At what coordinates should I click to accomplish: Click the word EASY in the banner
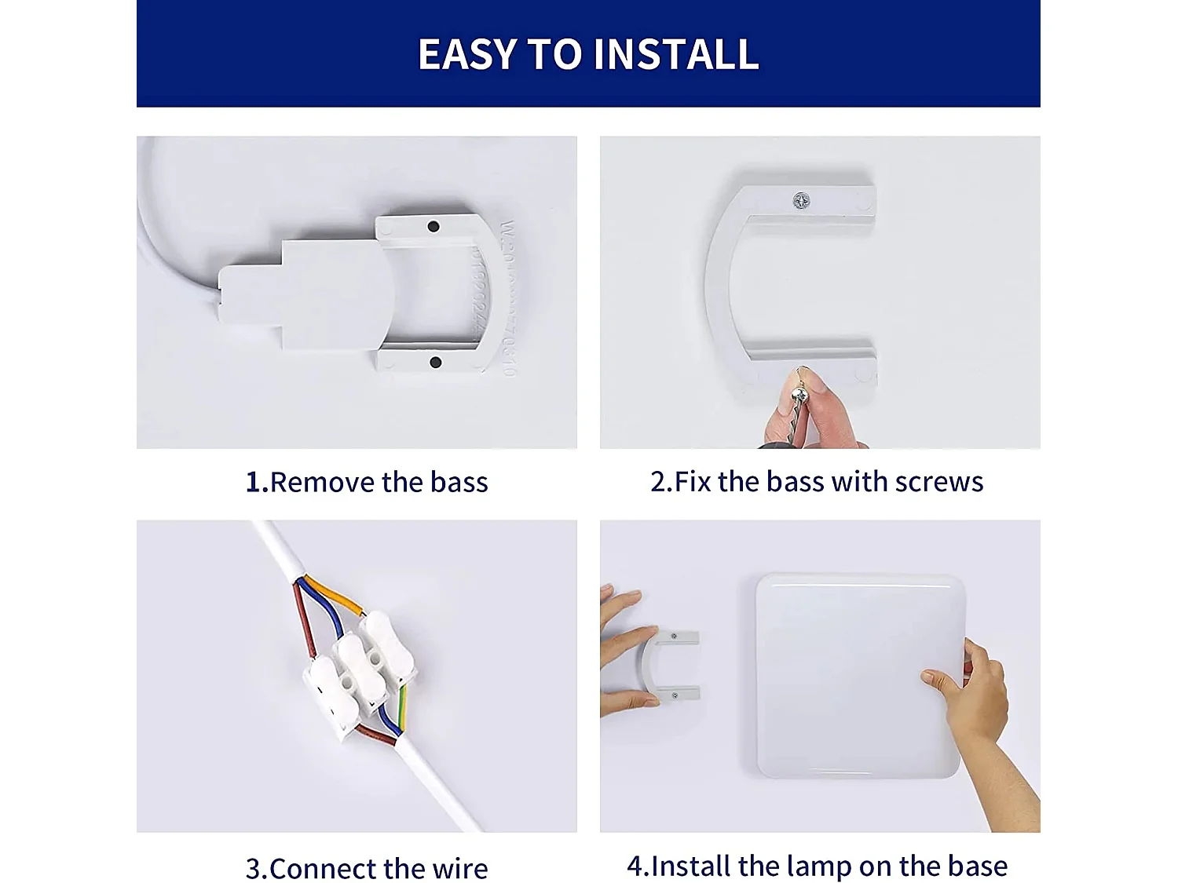coord(467,54)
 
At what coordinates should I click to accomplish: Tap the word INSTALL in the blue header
coord(676,54)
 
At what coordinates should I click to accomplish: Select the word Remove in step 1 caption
coord(322,482)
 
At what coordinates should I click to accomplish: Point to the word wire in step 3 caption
coord(459,869)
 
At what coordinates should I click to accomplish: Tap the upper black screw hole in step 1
coord(433,227)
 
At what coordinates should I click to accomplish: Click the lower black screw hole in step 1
coord(435,362)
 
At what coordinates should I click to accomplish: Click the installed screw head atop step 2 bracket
coord(801,201)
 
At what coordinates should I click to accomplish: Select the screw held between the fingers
coord(799,392)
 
